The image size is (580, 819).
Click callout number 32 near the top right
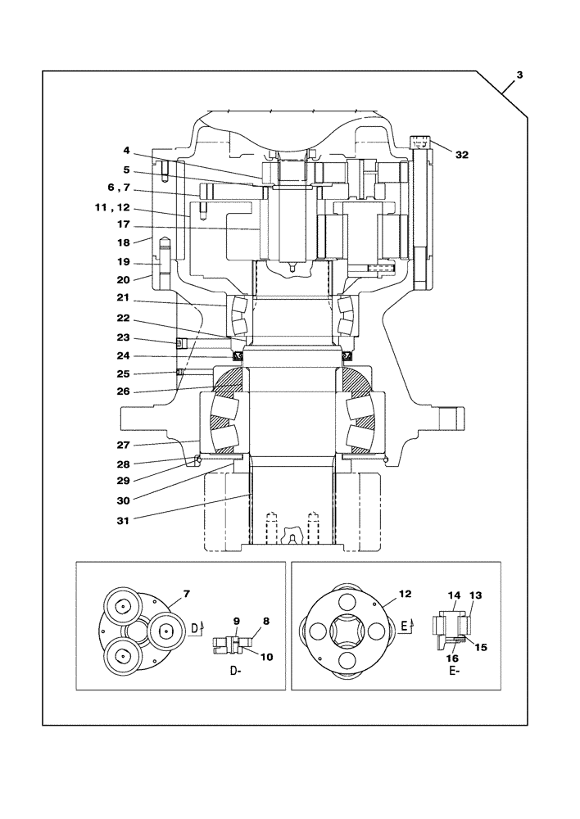coord(462,154)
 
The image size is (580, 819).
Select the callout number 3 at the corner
coord(519,76)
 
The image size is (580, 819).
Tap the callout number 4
coord(126,151)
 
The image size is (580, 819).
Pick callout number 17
coord(124,224)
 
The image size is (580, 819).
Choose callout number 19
coord(123,263)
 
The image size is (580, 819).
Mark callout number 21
coord(123,298)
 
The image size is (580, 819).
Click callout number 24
coord(123,355)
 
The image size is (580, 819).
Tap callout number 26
coord(123,391)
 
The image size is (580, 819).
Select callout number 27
coord(123,445)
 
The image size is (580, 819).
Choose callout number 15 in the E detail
coord(481,647)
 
